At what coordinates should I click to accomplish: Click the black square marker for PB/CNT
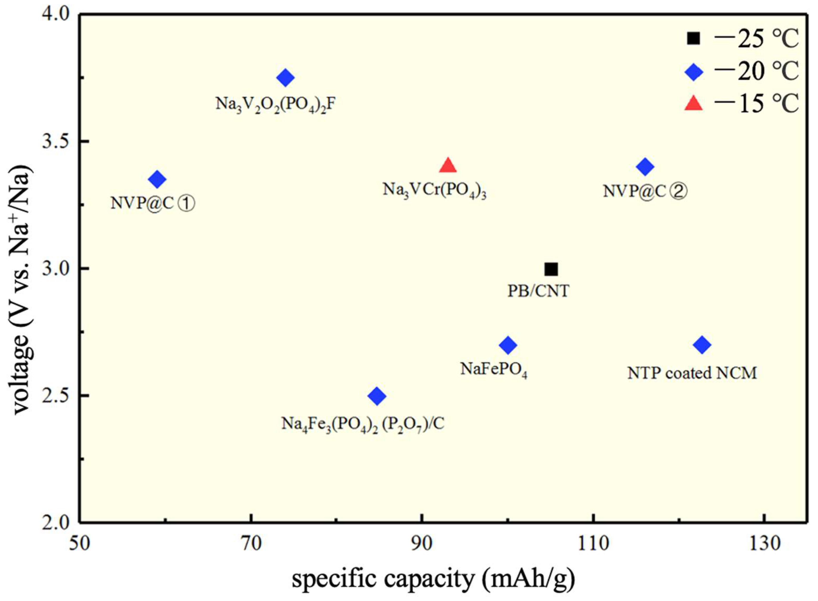(x=551, y=270)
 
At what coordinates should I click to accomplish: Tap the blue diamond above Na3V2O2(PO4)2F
(x=285, y=77)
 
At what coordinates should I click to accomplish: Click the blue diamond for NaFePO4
(x=508, y=345)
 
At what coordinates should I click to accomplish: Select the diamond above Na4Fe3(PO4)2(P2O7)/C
(x=377, y=396)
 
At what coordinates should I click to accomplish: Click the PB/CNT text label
(x=538, y=291)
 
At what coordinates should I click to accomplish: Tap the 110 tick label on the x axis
(x=594, y=544)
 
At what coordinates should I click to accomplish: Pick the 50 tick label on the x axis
(x=80, y=544)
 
